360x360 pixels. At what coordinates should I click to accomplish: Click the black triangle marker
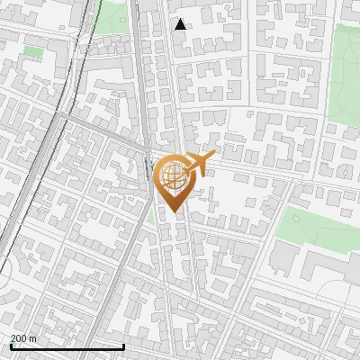[x=181, y=24]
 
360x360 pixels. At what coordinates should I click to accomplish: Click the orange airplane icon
[x=196, y=165]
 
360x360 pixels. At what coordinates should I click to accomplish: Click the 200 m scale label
[x=24, y=338]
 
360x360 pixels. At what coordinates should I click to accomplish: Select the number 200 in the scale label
[x=20, y=338]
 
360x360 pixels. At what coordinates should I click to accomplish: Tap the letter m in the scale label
[x=33, y=338]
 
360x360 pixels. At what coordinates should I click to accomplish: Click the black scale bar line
[x=67, y=346]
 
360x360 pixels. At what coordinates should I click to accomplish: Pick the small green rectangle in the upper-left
[x=33, y=52]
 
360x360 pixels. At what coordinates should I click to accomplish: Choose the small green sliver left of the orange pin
[x=150, y=216]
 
